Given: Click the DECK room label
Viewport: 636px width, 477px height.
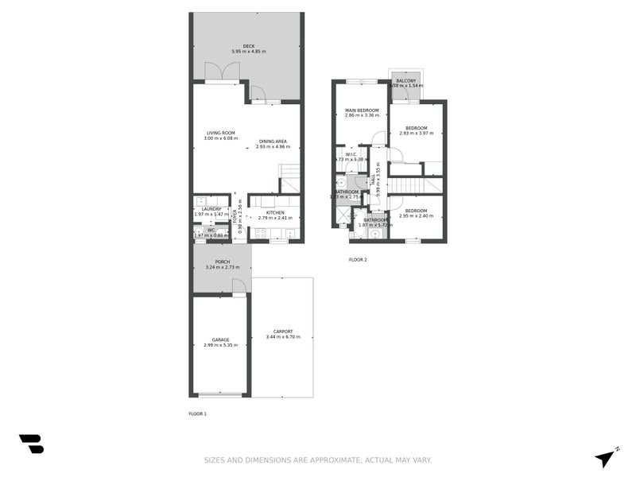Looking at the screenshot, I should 249,46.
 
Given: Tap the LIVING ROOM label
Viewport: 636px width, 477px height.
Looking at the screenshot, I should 221,133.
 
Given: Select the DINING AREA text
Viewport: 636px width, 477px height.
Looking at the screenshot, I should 272,142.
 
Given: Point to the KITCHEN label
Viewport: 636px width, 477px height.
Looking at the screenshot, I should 275,212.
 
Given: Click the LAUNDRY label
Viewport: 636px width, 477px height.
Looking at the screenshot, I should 211,209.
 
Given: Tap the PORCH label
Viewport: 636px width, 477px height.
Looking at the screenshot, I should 223,262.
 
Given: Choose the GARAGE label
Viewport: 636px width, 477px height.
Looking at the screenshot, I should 220,339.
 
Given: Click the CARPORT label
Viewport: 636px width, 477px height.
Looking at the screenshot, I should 283,332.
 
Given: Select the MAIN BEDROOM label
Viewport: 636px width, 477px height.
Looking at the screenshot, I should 362,110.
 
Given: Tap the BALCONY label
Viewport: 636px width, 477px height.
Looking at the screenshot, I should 406,80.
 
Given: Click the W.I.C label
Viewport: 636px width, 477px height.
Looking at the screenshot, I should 351,154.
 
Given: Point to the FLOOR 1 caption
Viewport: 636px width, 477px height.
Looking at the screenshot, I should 197,414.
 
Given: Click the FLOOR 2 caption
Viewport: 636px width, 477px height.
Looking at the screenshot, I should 358,260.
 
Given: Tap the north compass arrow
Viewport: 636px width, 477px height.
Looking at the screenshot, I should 607,457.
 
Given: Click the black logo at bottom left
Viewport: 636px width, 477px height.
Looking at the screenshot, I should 31,444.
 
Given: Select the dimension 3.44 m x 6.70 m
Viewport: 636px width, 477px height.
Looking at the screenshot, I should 283,337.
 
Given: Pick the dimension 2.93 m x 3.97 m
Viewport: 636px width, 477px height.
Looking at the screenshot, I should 417,134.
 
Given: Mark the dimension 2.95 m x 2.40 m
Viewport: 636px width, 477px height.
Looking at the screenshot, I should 417,215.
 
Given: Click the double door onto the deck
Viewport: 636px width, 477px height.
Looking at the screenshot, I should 223,72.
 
